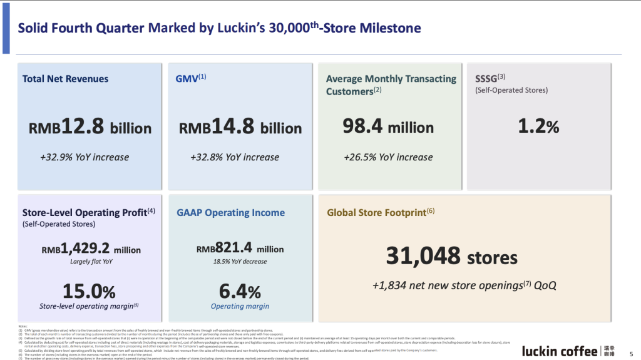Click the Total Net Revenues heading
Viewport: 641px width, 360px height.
[x=66, y=79]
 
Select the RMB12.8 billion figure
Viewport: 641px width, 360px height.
[x=90, y=127]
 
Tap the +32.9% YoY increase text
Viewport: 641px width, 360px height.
[x=85, y=157]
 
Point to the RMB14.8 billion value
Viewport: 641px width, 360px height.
[x=240, y=127]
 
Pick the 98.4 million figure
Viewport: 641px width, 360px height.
[x=388, y=127]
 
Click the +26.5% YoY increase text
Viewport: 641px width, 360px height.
[x=388, y=157]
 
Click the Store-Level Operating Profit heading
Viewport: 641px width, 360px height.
[x=89, y=212]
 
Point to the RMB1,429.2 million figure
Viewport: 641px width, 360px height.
[x=91, y=249]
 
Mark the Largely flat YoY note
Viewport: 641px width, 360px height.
[x=91, y=262]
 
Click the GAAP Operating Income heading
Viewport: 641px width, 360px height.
[x=230, y=213]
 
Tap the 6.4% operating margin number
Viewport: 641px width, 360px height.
[x=240, y=292]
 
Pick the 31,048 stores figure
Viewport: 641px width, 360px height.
[x=451, y=256]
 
